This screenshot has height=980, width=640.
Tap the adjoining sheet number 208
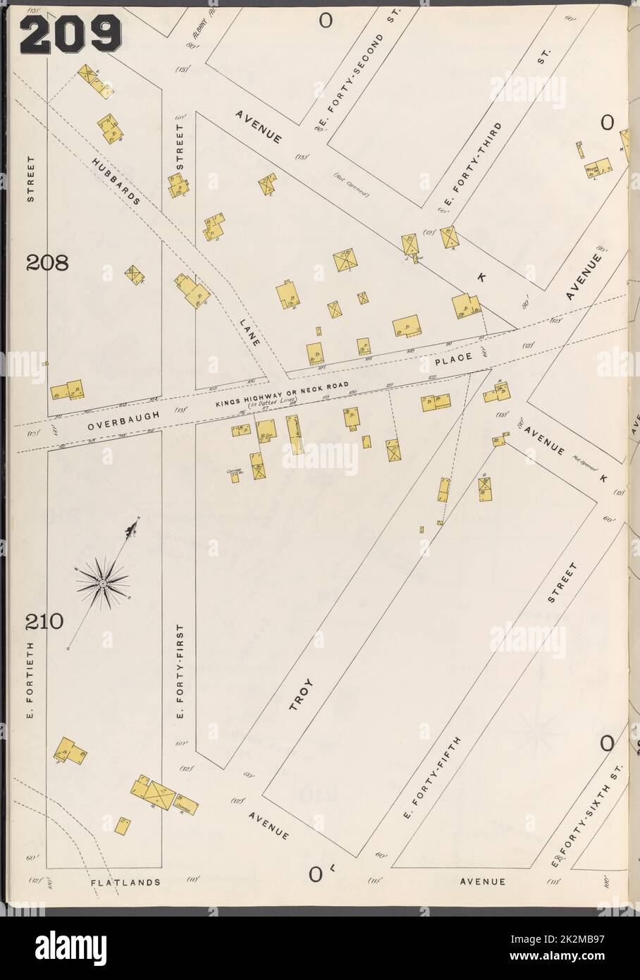coord(47,264)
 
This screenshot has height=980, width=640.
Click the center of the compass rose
coord(103,583)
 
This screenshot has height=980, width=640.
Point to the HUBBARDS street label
coord(116,180)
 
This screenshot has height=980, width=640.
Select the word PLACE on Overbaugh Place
coord(452,360)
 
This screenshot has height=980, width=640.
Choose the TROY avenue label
coord(302,694)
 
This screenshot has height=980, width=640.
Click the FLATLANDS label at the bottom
coord(125,881)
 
